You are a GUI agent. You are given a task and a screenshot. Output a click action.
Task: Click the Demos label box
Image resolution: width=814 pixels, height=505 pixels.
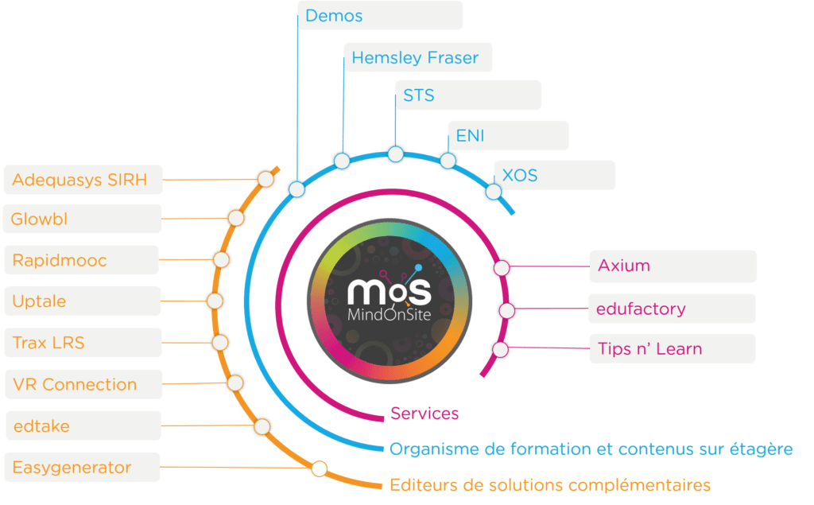click(x=380, y=15)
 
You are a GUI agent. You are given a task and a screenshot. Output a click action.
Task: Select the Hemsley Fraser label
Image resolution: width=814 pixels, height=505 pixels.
click(x=418, y=57)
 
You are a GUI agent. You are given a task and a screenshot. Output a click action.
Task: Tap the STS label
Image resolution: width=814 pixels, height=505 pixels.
click(x=468, y=95)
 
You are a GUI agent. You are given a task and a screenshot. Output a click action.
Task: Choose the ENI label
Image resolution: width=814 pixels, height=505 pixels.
click(x=508, y=136)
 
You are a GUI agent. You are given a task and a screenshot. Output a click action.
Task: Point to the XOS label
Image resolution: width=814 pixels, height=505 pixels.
click(x=554, y=175)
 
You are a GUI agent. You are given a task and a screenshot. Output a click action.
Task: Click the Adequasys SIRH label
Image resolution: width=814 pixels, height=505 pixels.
click(x=83, y=180)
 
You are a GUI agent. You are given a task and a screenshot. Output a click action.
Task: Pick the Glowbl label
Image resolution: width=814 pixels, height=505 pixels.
click(x=82, y=219)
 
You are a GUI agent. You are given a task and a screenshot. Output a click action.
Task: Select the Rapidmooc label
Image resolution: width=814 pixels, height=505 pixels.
click(x=82, y=260)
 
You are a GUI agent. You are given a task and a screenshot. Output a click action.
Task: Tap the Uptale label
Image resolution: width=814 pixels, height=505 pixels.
click(x=83, y=301)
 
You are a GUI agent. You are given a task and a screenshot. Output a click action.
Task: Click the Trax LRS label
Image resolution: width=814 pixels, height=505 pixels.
click(x=83, y=343)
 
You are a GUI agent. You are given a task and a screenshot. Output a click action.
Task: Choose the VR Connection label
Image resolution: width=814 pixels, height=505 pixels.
click(x=83, y=384)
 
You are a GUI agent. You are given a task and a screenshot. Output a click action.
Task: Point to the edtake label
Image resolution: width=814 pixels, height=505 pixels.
click(x=83, y=425)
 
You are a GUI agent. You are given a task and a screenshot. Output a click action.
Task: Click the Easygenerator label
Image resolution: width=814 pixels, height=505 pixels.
click(x=82, y=467)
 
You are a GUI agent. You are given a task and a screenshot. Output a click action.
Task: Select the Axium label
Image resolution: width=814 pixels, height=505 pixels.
click(x=673, y=266)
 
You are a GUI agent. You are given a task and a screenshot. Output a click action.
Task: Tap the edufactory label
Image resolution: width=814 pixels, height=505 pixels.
click(x=672, y=309)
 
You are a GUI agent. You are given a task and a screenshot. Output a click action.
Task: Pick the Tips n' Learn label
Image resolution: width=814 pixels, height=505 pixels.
click(x=673, y=348)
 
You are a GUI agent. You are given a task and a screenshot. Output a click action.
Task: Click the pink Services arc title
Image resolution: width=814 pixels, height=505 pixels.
click(x=424, y=414)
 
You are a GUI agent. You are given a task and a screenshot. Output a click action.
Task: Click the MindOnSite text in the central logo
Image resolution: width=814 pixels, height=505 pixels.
click(x=390, y=314)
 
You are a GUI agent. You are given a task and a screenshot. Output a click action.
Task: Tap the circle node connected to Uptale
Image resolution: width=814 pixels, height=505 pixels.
click(x=215, y=301)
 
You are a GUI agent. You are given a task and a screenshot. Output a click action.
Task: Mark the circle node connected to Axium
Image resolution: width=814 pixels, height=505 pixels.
click(x=502, y=267)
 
